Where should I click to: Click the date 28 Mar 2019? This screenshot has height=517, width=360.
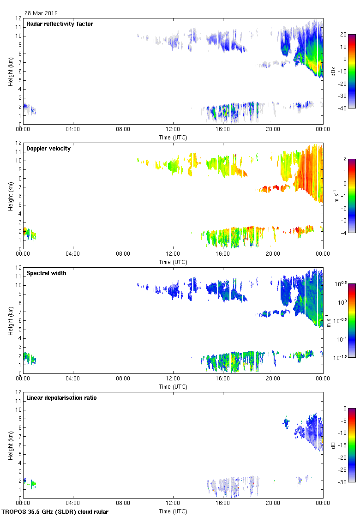pyautogui.click(x=41, y=13)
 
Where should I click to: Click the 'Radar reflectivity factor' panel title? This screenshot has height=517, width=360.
pyautogui.click(x=60, y=24)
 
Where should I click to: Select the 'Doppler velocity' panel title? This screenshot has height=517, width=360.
pyautogui.click(x=48, y=149)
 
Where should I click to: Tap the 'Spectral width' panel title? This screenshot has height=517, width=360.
pyautogui.click(x=46, y=273)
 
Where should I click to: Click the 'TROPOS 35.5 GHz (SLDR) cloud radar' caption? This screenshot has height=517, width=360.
pyautogui.click(x=55, y=512)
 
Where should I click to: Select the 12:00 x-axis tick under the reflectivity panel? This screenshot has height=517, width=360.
pyautogui.click(x=173, y=130)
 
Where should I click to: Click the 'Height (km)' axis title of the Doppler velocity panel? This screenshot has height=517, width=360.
pyautogui.click(x=10, y=196)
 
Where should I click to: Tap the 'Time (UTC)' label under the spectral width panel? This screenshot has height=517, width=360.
pyautogui.click(x=173, y=386)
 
